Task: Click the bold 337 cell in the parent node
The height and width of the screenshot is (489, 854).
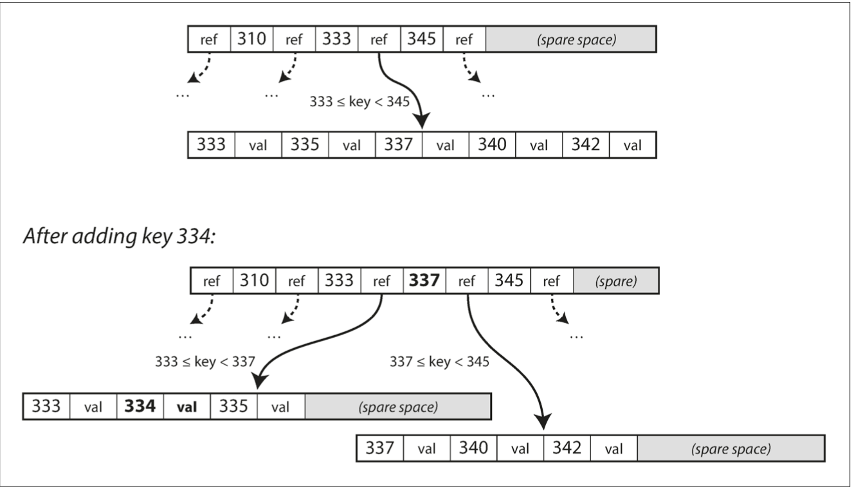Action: [x=424, y=282]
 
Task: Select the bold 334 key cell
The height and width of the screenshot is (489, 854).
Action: [x=140, y=407]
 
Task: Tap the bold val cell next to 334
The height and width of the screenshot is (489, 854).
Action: [x=187, y=407]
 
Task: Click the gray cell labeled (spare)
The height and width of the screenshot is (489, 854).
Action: [x=616, y=282]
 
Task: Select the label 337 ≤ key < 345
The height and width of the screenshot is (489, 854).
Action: [x=439, y=361]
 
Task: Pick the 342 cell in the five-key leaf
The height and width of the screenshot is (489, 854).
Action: [x=585, y=145]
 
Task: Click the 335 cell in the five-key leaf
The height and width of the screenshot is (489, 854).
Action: [x=305, y=145]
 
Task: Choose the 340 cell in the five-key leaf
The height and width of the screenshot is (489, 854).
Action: [x=492, y=145]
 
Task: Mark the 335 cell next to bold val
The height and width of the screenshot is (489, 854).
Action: [x=234, y=407]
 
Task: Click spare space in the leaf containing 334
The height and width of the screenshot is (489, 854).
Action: [x=398, y=407]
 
